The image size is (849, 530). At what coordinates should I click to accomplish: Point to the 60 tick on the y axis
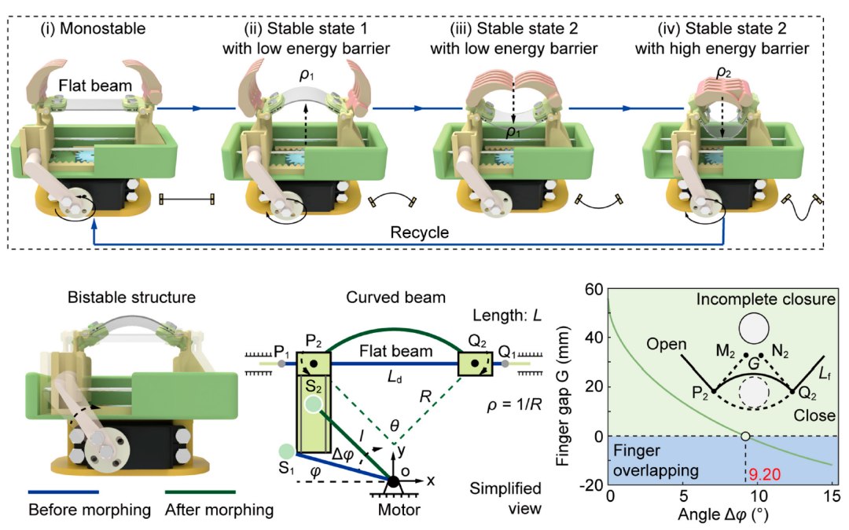point(595,289)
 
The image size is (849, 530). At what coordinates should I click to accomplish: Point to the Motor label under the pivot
point(389,509)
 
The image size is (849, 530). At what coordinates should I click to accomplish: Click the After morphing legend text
point(219,510)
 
